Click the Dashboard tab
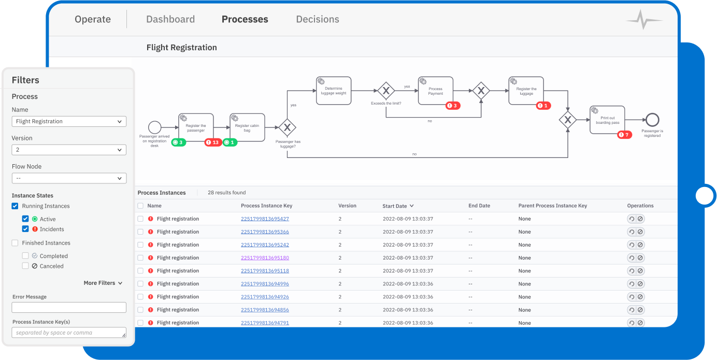[x=170, y=19]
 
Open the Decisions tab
[x=317, y=19]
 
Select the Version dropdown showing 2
[x=69, y=150]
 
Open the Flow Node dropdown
[x=69, y=178]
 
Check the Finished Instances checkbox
[x=15, y=243]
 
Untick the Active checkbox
[x=25, y=219]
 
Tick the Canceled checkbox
[x=25, y=266]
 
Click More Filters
[x=103, y=283]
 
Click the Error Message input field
[x=69, y=308]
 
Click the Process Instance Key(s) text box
[x=69, y=333]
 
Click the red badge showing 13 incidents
[x=213, y=142]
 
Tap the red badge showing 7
[x=624, y=135]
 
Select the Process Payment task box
[x=435, y=91]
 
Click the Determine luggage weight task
[x=334, y=91]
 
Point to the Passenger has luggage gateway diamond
[x=287, y=127]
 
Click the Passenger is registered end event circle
[x=652, y=120]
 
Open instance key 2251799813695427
[x=265, y=219]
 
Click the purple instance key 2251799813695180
[x=265, y=258]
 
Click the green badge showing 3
[x=178, y=142]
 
